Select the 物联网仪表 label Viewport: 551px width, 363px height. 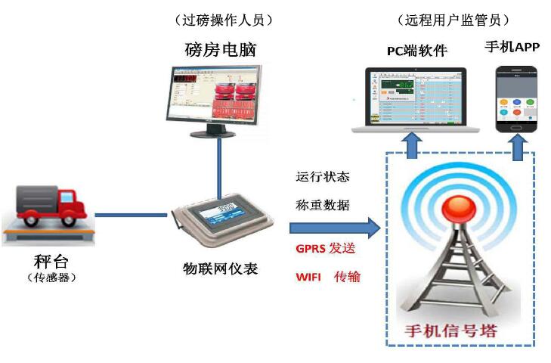pyautogui.click(x=221, y=268)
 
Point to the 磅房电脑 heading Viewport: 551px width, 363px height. pyautogui.click(x=221, y=50)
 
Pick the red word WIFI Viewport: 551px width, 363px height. pyautogui.click(x=308, y=277)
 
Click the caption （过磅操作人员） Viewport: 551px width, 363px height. pyautogui.click(x=222, y=18)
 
